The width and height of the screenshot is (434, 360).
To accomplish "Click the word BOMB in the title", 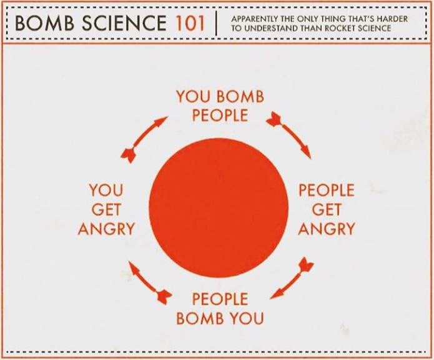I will pos(42,23).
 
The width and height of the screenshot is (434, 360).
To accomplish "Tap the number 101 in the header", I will pos(187,23).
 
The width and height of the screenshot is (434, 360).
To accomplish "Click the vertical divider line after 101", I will pos(217,24).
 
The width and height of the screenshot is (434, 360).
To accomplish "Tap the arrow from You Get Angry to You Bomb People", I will pos(146,137).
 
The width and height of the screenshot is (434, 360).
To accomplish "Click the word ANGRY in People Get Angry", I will pos(327,229).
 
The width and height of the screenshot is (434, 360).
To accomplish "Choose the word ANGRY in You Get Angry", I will pos(106,229).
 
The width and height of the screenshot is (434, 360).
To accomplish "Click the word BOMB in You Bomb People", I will pos(240,97).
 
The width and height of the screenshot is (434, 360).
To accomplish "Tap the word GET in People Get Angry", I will pos(327,209).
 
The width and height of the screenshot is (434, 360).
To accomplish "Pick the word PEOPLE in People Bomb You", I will pos(220,299).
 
